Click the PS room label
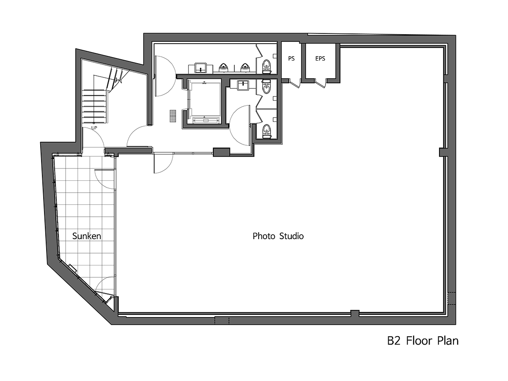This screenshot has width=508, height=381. pyautogui.click(x=291, y=58)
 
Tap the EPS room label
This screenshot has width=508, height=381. pyautogui.click(x=320, y=58)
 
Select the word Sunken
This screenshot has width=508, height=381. pyautogui.click(x=86, y=236)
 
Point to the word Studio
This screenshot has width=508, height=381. pyautogui.click(x=291, y=236)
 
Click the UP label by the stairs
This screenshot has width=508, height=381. pyautogui.click(x=94, y=128)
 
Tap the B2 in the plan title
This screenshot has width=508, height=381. pyautogui.click(x=394, y=341)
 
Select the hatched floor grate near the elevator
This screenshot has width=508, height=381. pyautogui.click(x=172, y=116)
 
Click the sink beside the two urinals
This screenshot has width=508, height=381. pyautogui.click(x=200, y=67)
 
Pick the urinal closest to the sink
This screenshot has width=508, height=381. pyautogui.click(x=223, y=67)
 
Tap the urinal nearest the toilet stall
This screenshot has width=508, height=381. pyautogui.click(x=245, y=67)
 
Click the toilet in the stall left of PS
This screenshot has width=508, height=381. pyautogui.click(x=267, y=66)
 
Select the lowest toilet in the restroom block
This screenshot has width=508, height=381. pyautogui.click(x=267, y=131)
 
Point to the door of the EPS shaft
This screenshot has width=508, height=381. pyautogui.click(x=320, y=83)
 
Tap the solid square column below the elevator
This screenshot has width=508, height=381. pyautogui.click(x=221, y=152)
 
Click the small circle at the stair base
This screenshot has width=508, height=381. pyautogui.click(x=94, y=123)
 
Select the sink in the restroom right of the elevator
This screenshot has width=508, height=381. pyautogui.click(x=243, y=85)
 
